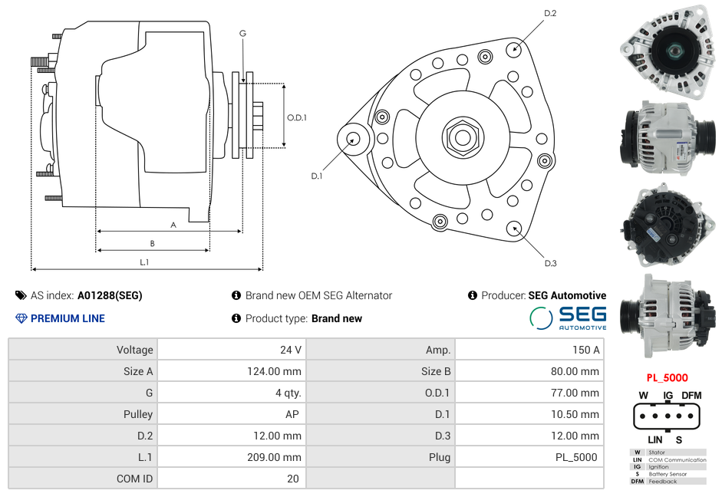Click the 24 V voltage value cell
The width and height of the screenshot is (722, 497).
tap(290, 350)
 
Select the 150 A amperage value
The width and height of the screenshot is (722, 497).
tap(585, 350)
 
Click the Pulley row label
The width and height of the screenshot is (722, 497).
tap(138, 414)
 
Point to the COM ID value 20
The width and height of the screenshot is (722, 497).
tap(292, 479)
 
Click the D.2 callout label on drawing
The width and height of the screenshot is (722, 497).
tap(550, 14)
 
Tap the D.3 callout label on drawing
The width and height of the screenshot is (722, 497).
tap(550, 263)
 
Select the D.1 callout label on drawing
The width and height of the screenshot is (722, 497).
tap(316, 176)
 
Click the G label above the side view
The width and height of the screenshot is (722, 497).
tap(242, 33)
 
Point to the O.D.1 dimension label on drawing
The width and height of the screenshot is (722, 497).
tap(297, 117)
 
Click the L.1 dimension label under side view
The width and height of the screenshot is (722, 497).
tap(144, 262)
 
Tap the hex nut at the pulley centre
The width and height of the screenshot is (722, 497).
tap(462, 137)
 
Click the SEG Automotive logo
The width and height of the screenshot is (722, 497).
tap(568, 318)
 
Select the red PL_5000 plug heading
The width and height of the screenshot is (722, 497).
tap(667, 377)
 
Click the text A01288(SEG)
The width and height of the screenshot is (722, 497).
tap(110, 295)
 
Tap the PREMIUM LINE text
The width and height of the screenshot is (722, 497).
tap(68, 318)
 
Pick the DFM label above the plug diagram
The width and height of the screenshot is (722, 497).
tap(691, 395)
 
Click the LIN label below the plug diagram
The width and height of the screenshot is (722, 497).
tap(654, 439)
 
